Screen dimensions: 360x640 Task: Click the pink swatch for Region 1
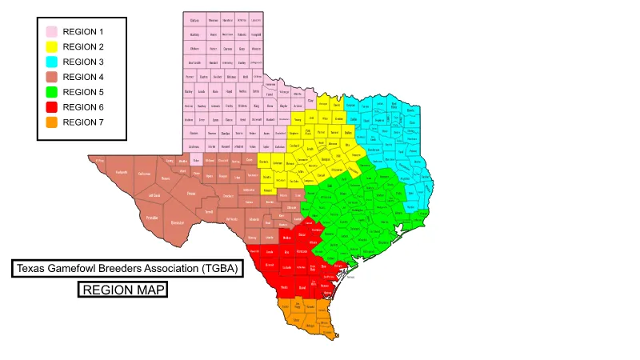coord(51,31)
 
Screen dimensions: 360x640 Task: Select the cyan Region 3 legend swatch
coord(51,62)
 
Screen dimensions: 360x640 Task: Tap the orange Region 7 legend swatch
coord(51,122)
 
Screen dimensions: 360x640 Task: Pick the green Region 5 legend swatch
coord(51,92)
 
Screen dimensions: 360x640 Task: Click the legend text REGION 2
coord(83,46)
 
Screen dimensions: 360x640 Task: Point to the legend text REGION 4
coord(83,77)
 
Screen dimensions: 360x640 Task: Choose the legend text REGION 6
coord(83,107)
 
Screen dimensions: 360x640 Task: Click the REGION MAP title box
coord(122,290)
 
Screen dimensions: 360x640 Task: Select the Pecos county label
coord(191,194)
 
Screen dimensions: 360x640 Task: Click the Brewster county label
coord(178,222)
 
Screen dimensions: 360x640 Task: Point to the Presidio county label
coord(151,217)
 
